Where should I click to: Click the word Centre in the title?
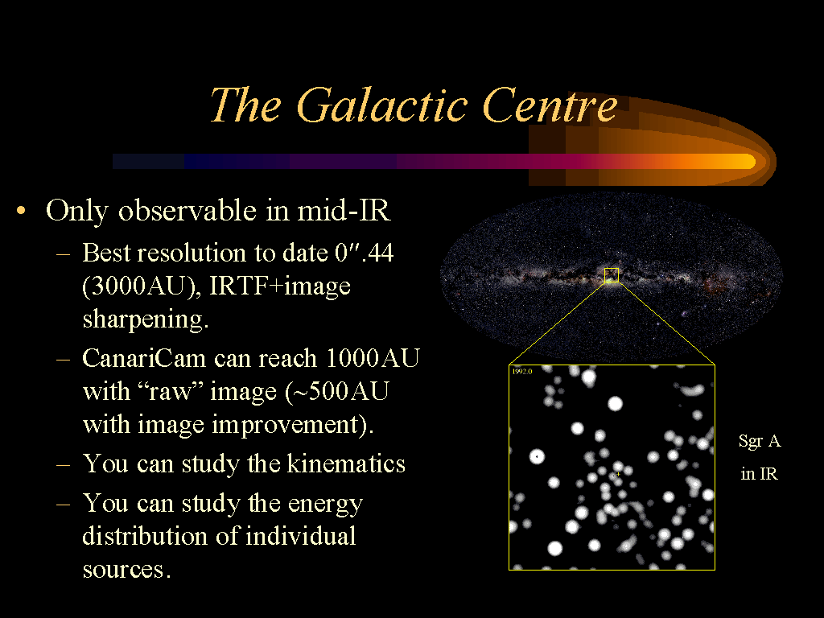click(550, 105)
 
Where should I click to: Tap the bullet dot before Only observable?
click(21, 212)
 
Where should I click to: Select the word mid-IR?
click(344, 210)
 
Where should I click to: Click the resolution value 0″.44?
click(365, 253)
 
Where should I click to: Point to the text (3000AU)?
click(142, 286)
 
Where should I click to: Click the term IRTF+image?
click(280, 287)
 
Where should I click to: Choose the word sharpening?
click(146, 319)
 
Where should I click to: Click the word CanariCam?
click(143, 358)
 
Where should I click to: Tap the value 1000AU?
click(373, 358)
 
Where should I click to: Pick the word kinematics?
click(346, 463)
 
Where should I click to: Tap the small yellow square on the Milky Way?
click(612, 275)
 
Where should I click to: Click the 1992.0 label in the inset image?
click(521, 372)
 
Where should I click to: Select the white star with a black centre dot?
click(537, 457)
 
